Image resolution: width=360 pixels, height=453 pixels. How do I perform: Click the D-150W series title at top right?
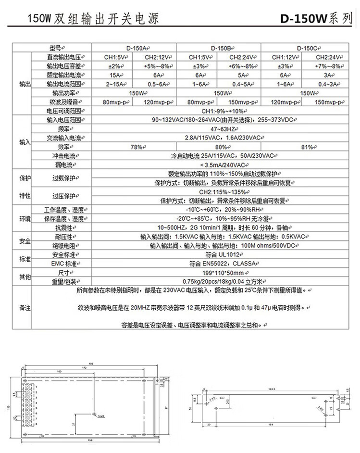click(317, 19)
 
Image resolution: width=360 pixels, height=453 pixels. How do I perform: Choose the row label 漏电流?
click(63, 165)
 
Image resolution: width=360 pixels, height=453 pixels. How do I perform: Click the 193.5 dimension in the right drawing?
click(271, 390)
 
